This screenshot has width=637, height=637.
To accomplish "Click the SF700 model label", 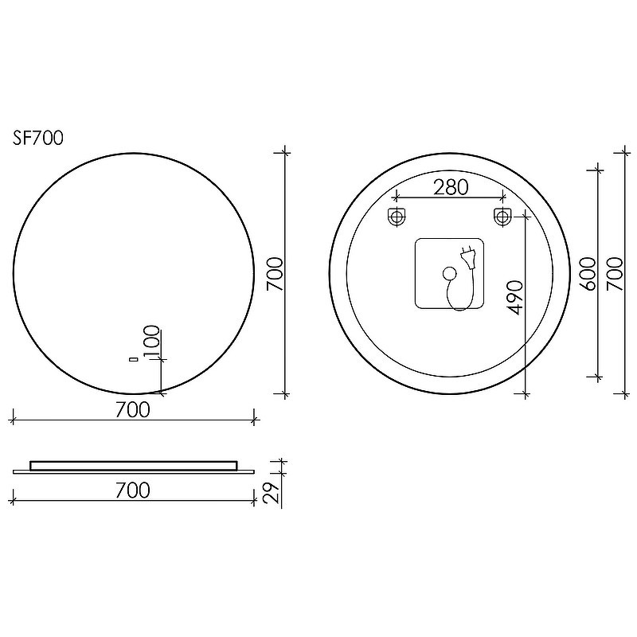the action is point(38,138).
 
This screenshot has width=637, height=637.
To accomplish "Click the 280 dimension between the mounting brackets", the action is point(451,187).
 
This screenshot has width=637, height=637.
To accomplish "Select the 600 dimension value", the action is point(588,273).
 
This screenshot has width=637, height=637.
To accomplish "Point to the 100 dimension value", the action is point(152,342).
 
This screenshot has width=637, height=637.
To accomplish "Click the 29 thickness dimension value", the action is point(272,492).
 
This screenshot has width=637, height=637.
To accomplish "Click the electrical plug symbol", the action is point(467,258).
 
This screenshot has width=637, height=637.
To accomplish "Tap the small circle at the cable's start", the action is point(449,273).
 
